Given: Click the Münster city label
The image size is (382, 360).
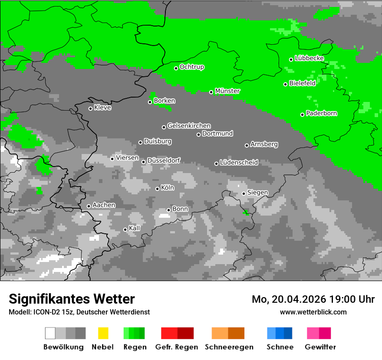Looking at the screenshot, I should (227, 91).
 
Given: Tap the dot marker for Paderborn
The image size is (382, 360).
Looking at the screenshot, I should (302, 115).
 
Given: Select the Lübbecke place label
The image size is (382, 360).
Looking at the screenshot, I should (309, 58).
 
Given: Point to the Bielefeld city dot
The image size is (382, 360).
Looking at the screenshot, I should (286, 84).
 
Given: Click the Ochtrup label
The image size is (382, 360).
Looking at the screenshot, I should (192, 67).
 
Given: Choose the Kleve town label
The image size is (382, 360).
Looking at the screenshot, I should (102, 108).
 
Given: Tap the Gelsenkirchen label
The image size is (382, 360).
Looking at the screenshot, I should (189, 126).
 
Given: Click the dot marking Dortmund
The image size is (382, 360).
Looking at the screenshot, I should (198, 134).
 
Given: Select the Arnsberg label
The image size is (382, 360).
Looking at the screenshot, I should (264, 144).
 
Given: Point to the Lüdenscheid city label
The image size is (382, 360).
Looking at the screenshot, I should (239, 163).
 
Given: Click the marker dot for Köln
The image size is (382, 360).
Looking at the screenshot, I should (157, 189).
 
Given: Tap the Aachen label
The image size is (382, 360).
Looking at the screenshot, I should (104, 205).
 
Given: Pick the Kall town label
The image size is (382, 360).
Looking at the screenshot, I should (134, 228).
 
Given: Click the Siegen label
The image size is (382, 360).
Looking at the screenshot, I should (257, 193).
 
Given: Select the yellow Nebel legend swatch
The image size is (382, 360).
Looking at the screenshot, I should (103, 333).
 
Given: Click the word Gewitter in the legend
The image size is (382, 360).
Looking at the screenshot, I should (320, 347).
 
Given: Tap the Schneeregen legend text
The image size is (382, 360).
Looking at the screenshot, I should (229, 347).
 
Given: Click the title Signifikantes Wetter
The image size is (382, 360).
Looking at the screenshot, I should (72, 299).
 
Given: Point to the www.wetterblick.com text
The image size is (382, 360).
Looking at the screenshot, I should (313, 312).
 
